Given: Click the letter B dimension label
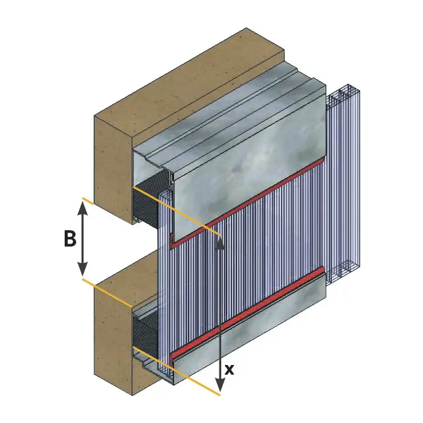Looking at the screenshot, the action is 70,238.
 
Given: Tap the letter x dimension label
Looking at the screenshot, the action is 229,369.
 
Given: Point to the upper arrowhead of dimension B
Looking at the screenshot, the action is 83,208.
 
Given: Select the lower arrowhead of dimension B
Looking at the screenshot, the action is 83,269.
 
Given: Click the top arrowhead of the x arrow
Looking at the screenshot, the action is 221,242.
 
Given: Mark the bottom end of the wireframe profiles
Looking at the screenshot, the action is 343,273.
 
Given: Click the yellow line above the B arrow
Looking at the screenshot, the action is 88,201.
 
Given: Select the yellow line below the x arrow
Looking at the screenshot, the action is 176,372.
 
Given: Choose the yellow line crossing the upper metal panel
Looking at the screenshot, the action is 176,211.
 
